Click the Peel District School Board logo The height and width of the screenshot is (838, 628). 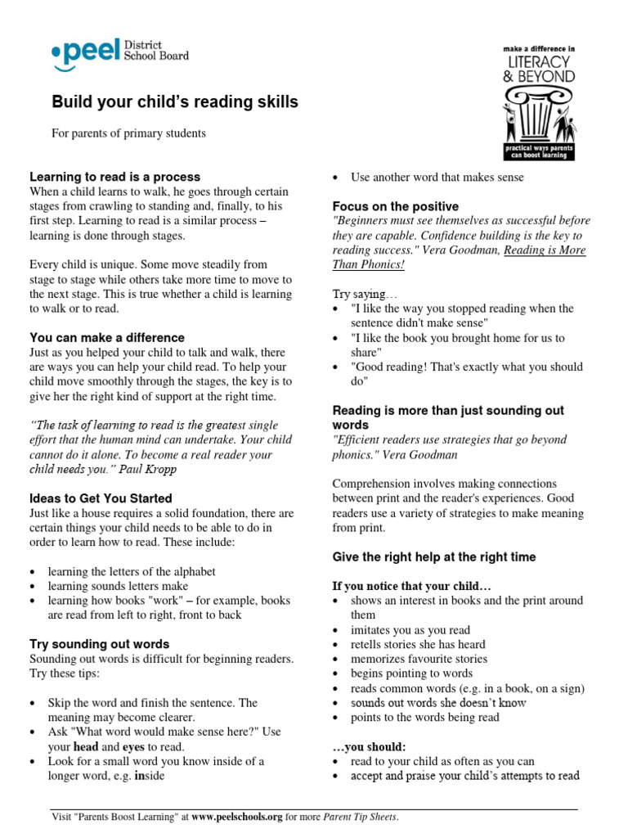[x=119, y=53]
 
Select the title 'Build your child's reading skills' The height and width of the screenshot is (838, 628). [x=175, y=102]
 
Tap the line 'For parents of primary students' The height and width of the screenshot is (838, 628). [x=129, y=133]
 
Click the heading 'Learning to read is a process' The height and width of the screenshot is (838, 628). [x=114, y=177]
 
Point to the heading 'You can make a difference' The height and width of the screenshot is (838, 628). [x=107, y=337]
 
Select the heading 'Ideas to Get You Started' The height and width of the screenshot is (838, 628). [x=101, y=498]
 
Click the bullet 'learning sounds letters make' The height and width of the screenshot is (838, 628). [x=118, y=586]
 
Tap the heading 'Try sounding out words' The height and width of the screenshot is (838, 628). [x=100, y=644]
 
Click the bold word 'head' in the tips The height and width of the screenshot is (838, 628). [x=86, y=746]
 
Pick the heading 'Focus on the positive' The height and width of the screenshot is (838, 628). [x=395, y=206]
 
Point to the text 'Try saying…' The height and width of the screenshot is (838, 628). [x=364, y=294]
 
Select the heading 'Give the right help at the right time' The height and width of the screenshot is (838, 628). [x=434, y=556]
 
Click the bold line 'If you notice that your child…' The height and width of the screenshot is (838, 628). [x=412, y=586]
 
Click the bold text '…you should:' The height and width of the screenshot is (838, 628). [x=369, y=746]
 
